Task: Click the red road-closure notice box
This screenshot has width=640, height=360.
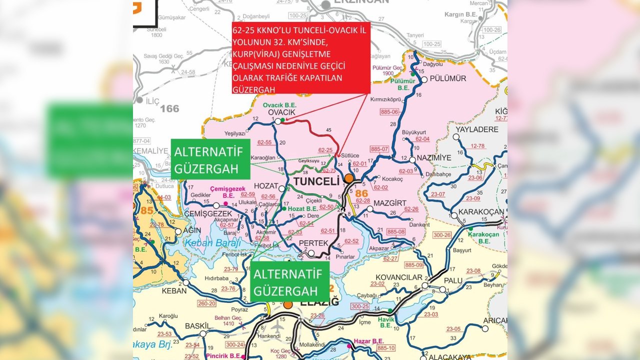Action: coord(300,57)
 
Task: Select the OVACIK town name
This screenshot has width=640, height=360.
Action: coord(282,112)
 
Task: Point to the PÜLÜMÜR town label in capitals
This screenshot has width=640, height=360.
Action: coord(448,79)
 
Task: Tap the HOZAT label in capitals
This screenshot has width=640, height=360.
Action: coord(265,186)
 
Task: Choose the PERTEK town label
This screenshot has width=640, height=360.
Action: coord(313,243)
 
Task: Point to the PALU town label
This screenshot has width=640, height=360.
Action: coord(453,280)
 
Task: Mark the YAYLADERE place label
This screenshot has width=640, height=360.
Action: coord(477,129)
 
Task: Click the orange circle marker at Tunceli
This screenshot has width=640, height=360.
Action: coord(348,178)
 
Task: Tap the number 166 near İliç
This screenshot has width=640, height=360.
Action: coord(169,108)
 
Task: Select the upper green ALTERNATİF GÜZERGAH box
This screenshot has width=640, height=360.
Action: coord(210,158)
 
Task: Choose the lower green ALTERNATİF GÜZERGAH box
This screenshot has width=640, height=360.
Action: coord(290,281)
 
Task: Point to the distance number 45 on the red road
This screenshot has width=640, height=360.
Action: coord(328,130)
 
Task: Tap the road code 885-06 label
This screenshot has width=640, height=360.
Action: coord(389,111)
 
